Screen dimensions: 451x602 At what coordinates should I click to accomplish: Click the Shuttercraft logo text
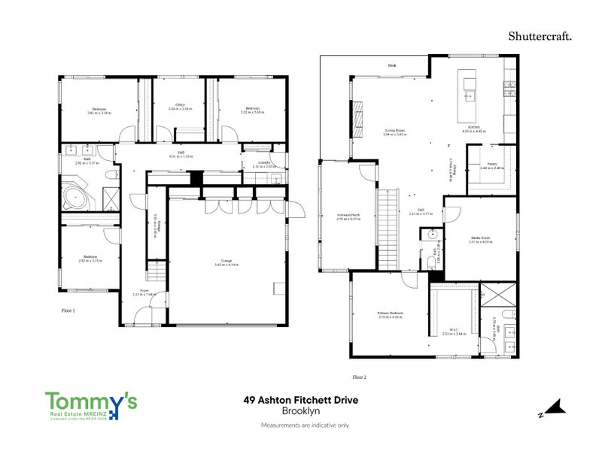539,35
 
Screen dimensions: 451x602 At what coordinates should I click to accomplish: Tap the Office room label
180,106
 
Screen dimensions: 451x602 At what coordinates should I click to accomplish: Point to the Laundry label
263,163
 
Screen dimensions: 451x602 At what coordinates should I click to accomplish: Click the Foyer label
144,292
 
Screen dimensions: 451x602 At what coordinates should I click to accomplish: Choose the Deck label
391,66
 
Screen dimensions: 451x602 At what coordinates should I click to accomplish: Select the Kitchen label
474,129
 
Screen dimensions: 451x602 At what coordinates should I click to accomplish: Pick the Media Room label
479,239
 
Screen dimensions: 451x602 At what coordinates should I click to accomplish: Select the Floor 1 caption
68,310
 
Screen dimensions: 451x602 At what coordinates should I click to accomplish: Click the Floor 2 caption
359,376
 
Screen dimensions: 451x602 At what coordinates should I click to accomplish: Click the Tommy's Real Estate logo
91,407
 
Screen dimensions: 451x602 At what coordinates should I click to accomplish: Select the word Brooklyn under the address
300,411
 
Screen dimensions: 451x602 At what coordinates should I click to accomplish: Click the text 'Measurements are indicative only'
305,425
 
